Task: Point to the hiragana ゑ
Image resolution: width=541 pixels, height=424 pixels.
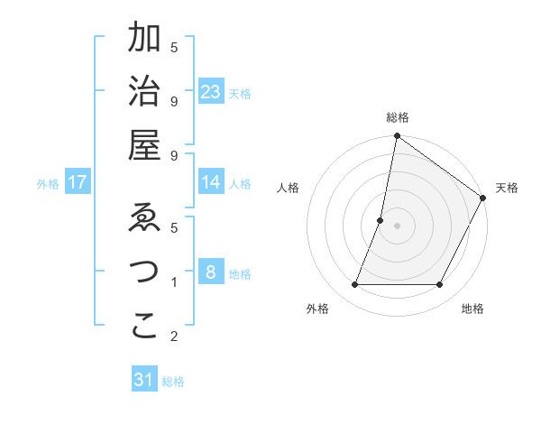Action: coord(144,219)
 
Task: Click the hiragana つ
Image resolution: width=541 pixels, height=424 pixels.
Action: coord(144,272)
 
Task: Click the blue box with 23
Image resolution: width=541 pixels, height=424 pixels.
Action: coord(211,92)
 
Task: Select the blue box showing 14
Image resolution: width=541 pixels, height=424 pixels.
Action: coord(211,183)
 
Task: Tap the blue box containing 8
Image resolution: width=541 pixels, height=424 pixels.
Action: coord(211,272)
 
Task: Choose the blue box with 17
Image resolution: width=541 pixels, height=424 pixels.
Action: coord(78,183)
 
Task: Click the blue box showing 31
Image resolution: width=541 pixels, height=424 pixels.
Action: coord(144,381)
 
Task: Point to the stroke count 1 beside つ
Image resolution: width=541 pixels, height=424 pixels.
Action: coord(173,283)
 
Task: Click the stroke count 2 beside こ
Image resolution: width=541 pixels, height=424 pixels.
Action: coord(173,336)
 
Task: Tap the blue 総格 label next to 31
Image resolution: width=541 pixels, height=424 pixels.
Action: coord(173,382)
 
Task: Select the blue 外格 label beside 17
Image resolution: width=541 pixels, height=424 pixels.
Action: coord(48,184)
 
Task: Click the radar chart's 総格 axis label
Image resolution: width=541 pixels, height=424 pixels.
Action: coord(398,117)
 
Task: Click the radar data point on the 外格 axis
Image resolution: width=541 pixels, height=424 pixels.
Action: coord(354,285)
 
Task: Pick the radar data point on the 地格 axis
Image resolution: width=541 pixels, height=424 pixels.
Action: coord(440,285)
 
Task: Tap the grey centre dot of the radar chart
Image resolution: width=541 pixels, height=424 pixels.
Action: coord(398,226)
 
